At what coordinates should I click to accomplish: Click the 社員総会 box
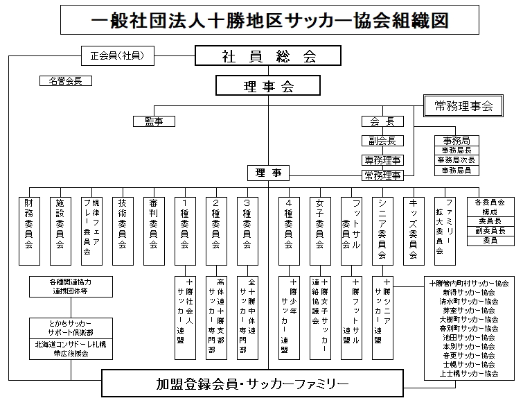tap(268, 55)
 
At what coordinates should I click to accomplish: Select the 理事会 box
tap(268, 86)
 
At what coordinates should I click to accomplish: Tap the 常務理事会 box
tap(463, 106)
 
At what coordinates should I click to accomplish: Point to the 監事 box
tap(153, 121)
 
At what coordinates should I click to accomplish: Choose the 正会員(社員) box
tap(116, 55)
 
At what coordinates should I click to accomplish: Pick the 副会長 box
tap(382, 141)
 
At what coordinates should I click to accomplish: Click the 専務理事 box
tap(382, 160)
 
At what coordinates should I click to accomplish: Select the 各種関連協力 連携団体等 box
tap(70, 286)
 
